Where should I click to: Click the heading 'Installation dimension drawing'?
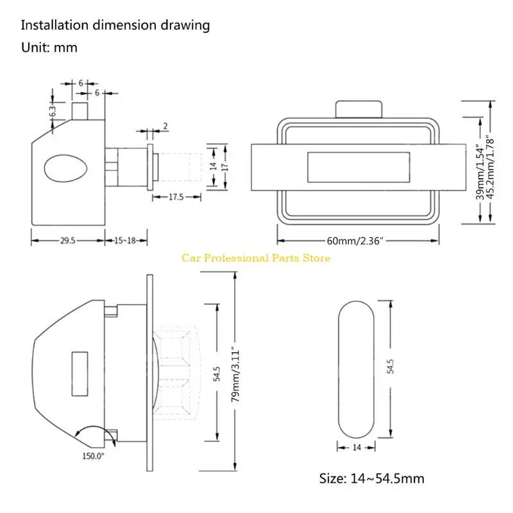pyautogui.click(x=115, y=26)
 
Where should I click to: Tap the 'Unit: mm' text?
pyautogui.click(x=49, y=47)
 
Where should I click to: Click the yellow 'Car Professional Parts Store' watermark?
pyautogui.click(x=256, y=258)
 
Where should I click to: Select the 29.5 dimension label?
pyautogui.click(x=67, y=241)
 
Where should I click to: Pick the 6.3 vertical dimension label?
pyautogui.click(x=53, y=110)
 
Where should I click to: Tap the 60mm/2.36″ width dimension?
pyautogui.click(x=355, y=241)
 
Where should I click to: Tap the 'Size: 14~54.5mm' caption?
pyautogui.click(x=372, y=478)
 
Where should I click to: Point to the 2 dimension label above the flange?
pyautogui.click(x=165, y=126)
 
